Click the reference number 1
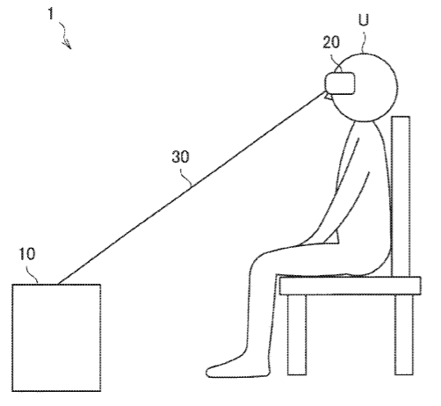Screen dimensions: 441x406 click(x=51, y=13)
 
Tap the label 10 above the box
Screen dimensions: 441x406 click(x=27, y=254)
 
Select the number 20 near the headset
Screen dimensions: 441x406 click(x=331, y=42)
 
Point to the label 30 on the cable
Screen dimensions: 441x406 click(x=180, y=156)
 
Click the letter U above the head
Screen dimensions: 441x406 click(x=364, y=20)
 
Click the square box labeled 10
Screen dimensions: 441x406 click(x=56, y=337)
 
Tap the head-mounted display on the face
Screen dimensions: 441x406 click(x=340, y=83)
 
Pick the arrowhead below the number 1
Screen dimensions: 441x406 click(x=68, y=45)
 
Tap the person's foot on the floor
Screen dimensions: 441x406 click(x=231, y=369)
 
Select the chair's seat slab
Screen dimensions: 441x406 click(x=351, y=286)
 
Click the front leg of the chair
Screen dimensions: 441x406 click(x=297, y=335)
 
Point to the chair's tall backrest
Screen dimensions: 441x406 click(x=401, y=196)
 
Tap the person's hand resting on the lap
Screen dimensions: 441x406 click(x=332, y=238)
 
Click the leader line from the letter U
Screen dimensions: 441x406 click(x=364, y=42)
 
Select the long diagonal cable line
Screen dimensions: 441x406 click(x=192, y=188)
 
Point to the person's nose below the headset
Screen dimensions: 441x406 click(x=328, y=96)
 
